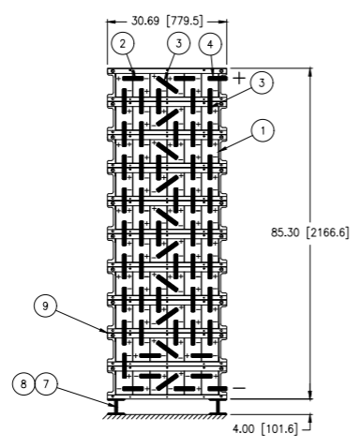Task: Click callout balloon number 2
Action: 123,43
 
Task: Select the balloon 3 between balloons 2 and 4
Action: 178,43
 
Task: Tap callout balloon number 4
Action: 210,44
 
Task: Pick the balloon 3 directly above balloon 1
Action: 262,82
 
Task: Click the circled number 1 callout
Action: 262,130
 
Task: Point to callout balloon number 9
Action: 45,306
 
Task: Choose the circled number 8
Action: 23,383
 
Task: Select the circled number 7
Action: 46,383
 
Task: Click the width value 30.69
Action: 145,21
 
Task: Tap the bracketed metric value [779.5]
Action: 185,21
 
